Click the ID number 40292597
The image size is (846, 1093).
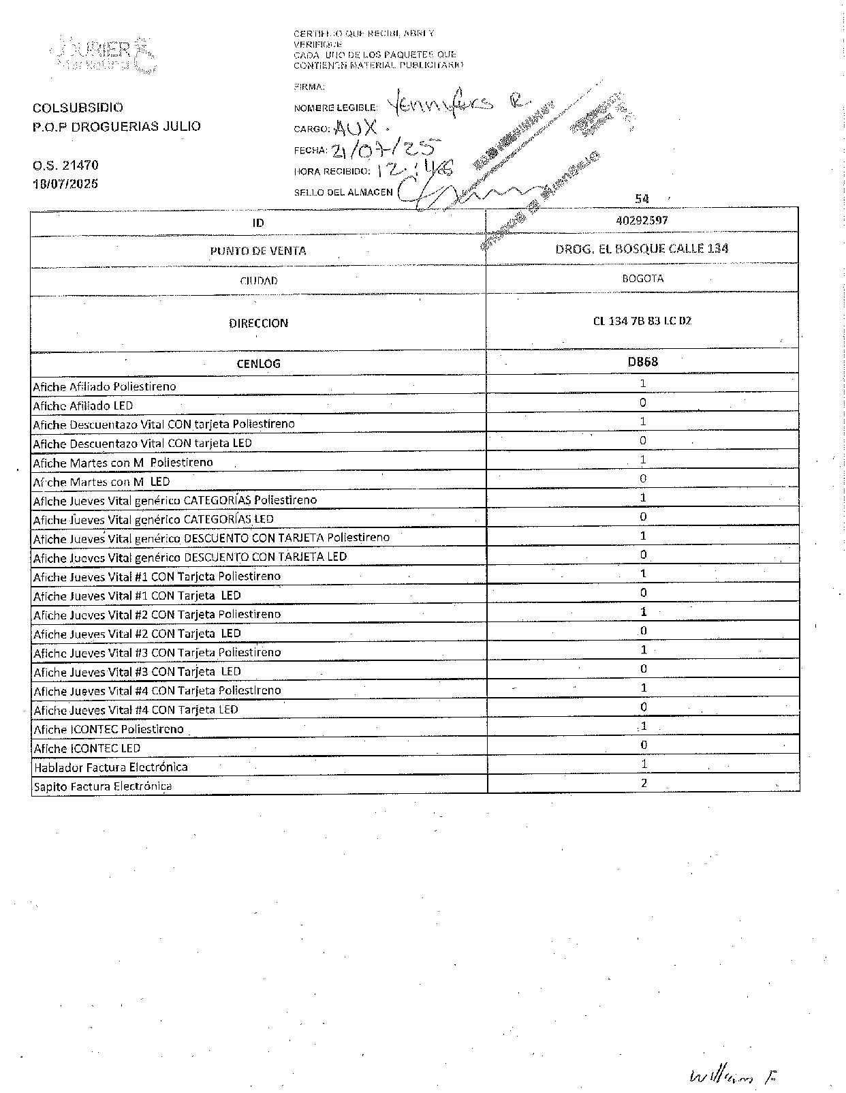point(642,220)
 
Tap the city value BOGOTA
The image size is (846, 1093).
point(642,278)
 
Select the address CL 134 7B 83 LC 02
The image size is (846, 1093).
point(642,320)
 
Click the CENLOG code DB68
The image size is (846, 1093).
point(642,362)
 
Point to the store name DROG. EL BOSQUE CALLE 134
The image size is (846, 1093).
point(642,249)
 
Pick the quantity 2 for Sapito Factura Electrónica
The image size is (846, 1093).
point(644,783)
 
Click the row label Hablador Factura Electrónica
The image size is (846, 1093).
point(110,767)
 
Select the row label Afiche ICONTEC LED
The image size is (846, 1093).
point(87,748)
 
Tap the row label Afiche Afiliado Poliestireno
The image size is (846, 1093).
point(104,386)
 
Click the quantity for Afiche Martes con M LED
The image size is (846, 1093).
point(643,478)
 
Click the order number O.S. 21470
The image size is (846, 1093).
point(65,165)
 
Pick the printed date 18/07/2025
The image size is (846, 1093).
point(65,184)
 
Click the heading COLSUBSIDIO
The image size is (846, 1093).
point(78,108)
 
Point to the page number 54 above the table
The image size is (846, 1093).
point(642,199)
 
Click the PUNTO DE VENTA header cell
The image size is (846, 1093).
point(258,251)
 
